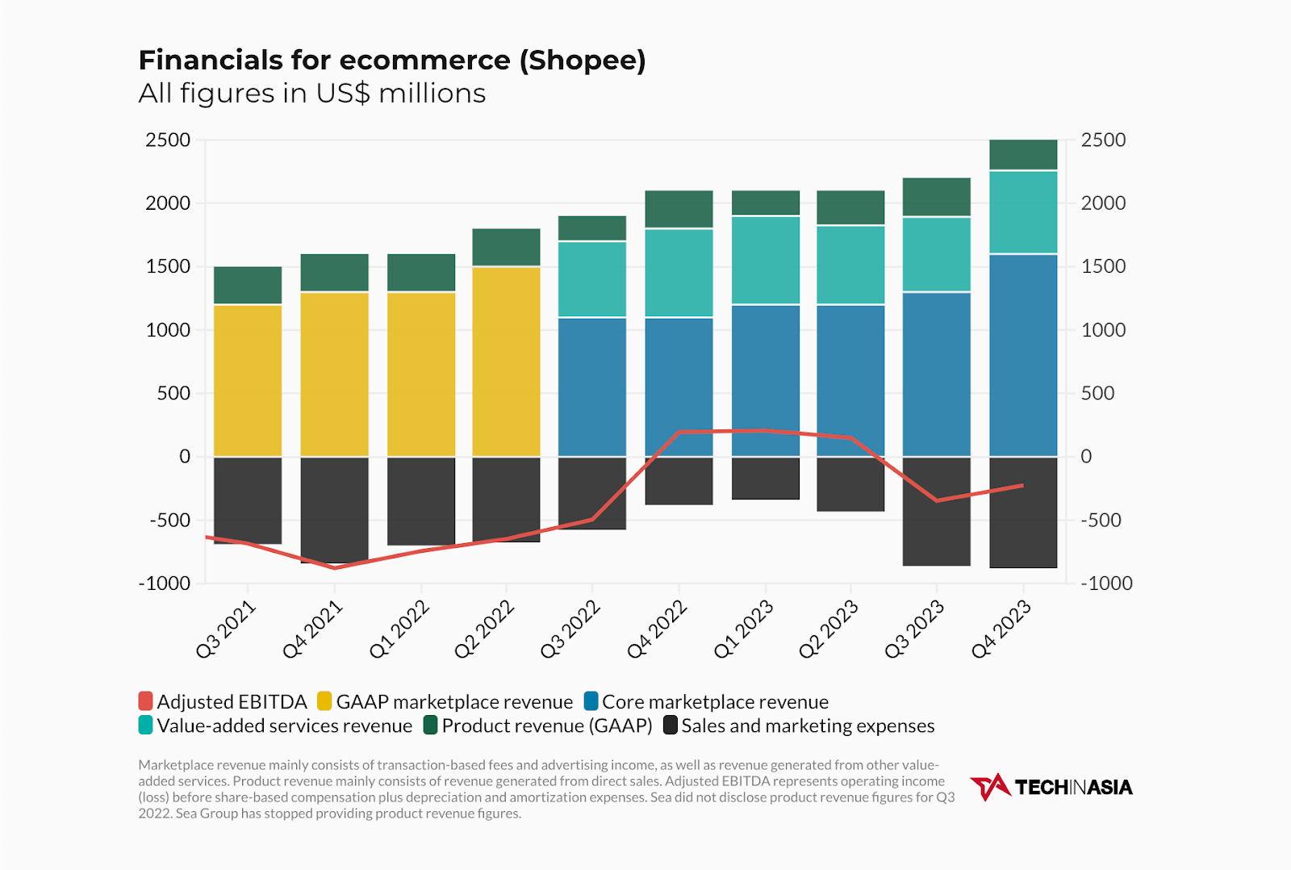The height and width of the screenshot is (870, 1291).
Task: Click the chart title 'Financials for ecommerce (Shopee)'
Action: tap(392, 61)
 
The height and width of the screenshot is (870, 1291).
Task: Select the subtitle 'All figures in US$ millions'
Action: tap(311, 94)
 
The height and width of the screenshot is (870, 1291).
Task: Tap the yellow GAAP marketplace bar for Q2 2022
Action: tap(506, 361)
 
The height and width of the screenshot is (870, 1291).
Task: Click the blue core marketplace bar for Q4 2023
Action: tap(1023, 355)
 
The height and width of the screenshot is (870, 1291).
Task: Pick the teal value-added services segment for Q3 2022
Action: tap(592, 278)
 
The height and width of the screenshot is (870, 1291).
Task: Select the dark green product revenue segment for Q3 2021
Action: tap(248, 285)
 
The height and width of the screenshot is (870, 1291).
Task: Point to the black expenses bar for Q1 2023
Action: tap(766, 478)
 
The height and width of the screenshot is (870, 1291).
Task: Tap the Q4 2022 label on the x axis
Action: tap(657, 630)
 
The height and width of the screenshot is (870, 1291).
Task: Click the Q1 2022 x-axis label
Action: tap(399, 630)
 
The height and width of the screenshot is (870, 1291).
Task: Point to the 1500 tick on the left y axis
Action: tap(168, 266)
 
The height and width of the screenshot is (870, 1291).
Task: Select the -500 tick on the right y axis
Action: tap(1101, 521)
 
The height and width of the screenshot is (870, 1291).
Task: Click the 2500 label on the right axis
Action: tap(1103, 140)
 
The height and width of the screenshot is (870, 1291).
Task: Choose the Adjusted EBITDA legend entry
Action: tap(223, 701)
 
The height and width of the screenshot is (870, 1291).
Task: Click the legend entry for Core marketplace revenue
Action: tap(706, 701)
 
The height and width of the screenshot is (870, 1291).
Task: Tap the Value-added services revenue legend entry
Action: tap(275, 726)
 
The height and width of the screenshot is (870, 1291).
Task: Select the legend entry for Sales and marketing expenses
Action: tap(799, 726)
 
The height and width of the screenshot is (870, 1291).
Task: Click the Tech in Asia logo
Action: tap(1051, 787)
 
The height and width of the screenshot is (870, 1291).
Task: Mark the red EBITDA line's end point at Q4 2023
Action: tap(1022, 486)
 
